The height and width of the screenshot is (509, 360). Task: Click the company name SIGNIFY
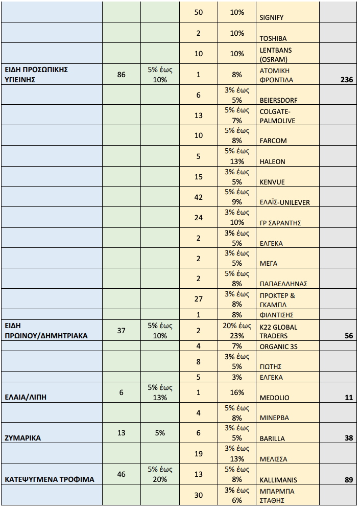coord(271,17)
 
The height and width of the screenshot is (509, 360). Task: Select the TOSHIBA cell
coord(273,38)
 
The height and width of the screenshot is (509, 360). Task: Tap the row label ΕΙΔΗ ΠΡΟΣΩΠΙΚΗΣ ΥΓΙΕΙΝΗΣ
coord(36,75)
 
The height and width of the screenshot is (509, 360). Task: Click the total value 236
coord(346,80)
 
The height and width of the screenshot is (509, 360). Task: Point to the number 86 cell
coord(121,75)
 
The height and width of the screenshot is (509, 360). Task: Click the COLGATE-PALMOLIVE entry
coord(278,116)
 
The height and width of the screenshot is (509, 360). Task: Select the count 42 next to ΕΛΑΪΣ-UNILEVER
coord(198,197)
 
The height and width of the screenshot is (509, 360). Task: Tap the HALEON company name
coord(272,161)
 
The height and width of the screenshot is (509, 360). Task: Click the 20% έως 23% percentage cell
coord(236,331)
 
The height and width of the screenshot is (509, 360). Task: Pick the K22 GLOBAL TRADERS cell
coord(278,331)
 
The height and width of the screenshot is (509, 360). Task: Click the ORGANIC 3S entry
coord(278,346)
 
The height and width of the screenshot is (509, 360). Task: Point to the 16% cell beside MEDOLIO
coord(236,392)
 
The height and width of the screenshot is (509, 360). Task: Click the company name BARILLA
coord(272,438)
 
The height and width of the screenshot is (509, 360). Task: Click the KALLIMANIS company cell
coord(278,480)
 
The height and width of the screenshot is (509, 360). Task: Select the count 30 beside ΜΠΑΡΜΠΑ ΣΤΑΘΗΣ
coord(198,495)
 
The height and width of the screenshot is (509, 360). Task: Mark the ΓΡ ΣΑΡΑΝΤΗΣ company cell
coord(280,223)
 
